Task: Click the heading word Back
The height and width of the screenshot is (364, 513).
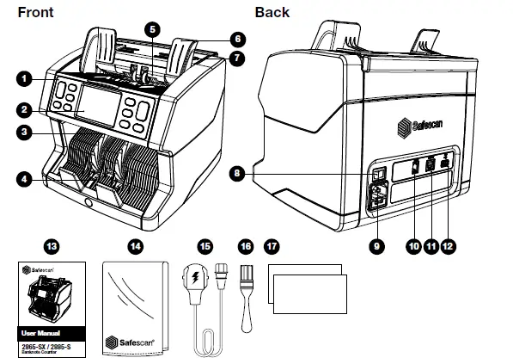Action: [272, 12]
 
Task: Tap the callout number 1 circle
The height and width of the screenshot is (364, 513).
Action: [24, 78]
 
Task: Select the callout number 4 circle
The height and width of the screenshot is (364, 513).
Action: [24, 179]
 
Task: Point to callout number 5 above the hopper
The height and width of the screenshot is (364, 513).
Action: [151, 28]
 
